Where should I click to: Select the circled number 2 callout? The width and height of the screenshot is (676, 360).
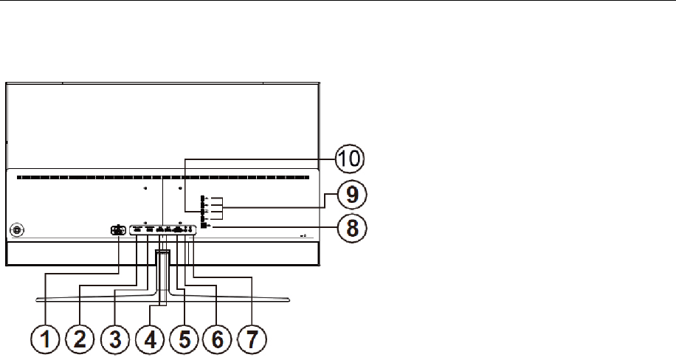tap(81, 340)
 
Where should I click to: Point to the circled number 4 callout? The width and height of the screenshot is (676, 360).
tap(151, 340)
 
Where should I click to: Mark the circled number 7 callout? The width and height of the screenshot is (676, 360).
tap(253, 340)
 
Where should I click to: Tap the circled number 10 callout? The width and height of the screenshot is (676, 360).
tap(351, 159)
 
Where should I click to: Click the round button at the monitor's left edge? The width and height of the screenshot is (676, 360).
tap(17, 229)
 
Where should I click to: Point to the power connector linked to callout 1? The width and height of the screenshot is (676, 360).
tap(118, 229)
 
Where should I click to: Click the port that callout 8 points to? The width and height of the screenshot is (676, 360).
tap(204, 226)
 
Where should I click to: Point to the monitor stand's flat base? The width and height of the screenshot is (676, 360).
tap(162, 298)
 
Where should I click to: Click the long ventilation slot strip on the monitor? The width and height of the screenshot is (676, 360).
tap(162, 177)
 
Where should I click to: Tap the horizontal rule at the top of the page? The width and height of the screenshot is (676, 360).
tap(338, 1)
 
